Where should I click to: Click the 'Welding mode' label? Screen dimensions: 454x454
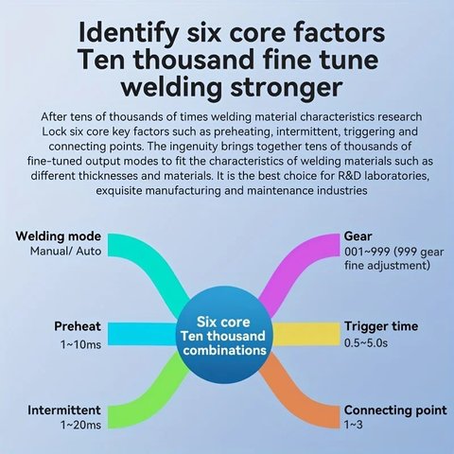(59, 236)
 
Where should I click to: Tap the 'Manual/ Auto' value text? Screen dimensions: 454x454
(65, 252)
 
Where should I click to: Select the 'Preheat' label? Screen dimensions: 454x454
(78, 326)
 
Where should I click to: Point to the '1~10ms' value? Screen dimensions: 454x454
(80, 344)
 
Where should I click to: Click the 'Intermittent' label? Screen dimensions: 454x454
(64, 410)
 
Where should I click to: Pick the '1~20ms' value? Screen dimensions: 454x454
(80, 425)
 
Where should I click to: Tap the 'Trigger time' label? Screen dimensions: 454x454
(381, 326)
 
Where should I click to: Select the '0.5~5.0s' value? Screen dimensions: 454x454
(366, 343)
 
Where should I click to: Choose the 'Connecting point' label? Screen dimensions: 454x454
(395, 410)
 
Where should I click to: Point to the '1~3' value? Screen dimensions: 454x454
(354, 425)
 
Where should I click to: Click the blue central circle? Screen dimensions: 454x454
(224, 335)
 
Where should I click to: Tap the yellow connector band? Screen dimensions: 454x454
(306, 334)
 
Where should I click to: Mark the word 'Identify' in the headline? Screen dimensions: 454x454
(128, 34)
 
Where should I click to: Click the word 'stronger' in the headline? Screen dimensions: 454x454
(287, 88)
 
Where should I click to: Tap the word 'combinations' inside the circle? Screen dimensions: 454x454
(225, 350)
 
